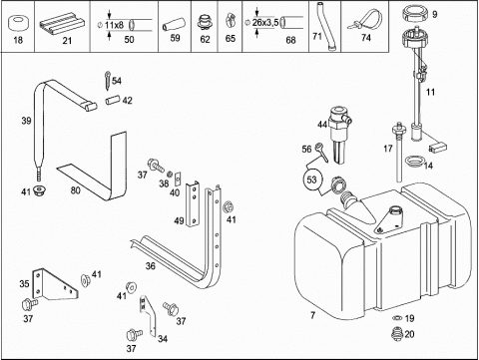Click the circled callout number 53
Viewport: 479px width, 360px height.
tap(311, 180)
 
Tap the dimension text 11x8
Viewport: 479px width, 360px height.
tap(114, 25)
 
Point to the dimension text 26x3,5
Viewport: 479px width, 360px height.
tap(265, 23)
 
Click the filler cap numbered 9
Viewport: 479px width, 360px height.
tap(415, 14)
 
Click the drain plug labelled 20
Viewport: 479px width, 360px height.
tap(397, 334)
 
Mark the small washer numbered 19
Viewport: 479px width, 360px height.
tap(397, 318)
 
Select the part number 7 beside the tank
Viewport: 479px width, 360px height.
tap(312, 314)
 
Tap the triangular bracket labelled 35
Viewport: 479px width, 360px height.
tap(55, 284)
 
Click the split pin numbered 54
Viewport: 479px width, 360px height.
tap(108, 81)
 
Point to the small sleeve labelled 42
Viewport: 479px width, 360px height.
tap(113, 100)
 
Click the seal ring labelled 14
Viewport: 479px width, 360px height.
tap(415, 162)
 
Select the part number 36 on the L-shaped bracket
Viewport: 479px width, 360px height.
tap(151, 266)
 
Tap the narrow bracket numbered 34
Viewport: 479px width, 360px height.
tap(149, 316)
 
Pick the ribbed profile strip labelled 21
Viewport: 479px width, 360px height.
tap(62, 24)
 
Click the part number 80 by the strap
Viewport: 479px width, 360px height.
tap(76, 190)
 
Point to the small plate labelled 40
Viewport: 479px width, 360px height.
tap(178, 180)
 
